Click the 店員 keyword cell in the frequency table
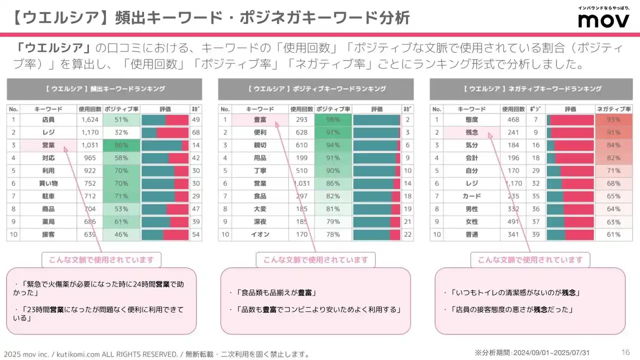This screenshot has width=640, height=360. [x=48, y=119]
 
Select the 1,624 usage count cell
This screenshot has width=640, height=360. [x=90, y=119]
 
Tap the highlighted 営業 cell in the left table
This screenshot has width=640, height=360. [x=48, y=145]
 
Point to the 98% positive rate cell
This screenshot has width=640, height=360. [x=333, y=119]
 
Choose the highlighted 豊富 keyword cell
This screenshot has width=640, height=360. [x=260, y=119]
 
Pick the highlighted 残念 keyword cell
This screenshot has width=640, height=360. [x=471, y=132]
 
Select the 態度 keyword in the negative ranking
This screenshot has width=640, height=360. [x=471, y=119]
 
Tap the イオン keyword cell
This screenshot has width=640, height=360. [x=260, y=234]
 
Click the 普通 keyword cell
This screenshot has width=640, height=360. [x=471, y=234]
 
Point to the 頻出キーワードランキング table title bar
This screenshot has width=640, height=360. [x=104, y=89]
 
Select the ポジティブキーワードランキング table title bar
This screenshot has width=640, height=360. [x=316, y=89]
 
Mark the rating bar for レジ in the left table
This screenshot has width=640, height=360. [x=165, y=132]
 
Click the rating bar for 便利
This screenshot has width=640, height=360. [x=376, y=132]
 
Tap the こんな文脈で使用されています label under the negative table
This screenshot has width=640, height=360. [x=530, y=260]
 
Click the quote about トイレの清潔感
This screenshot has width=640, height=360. [x=515, y=292]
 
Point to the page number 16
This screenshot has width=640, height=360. [x=625, y=351]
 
